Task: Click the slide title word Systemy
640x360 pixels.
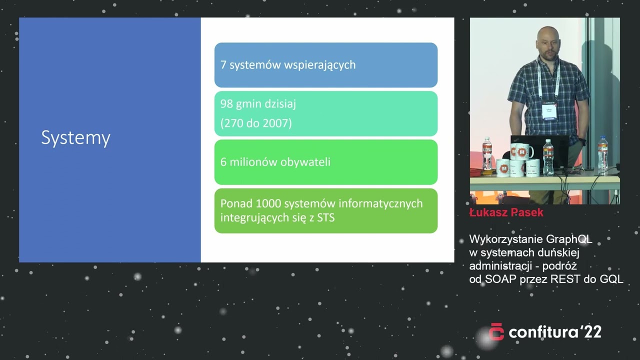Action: point(75,138)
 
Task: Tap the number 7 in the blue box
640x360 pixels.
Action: point(223,65)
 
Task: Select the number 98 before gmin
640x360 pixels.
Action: point(227,104)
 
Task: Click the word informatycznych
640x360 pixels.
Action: point(380,203)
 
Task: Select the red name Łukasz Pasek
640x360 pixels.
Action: point(506,212)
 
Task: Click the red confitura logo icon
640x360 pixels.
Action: point(496,332)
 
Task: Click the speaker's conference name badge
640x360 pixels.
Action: point(550,111)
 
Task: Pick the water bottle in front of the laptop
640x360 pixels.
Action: point(548,158)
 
